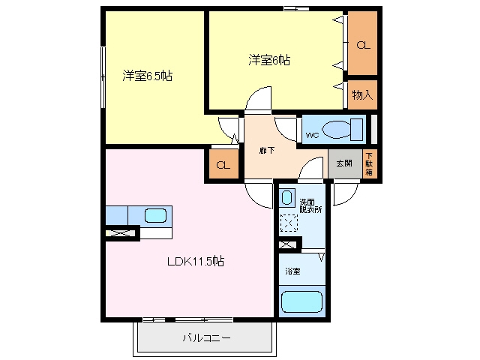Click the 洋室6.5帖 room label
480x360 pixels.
(x=147, y=76)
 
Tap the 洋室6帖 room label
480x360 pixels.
(x=269, y=60)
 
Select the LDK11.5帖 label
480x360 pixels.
(x=196, y=262)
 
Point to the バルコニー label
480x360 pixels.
(x=206, y=338)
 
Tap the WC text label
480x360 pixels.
(x=312, y=135)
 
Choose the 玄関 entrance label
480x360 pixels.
(x=344, y=163)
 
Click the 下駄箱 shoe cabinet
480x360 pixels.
(x=369, y=163)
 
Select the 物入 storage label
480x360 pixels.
(x=362, y=95)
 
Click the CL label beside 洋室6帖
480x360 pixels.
(x=363, y=45)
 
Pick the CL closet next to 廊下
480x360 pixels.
(x=223, y=164)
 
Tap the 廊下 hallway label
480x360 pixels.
(x=267, y=151)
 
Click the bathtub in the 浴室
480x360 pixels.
(x=301, y=301)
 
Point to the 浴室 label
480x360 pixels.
(x=292, y=271)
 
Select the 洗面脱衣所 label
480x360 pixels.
(x=310, y=206)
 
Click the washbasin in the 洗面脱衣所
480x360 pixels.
(x=286, y=198)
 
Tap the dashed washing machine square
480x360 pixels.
(x=289, y=223)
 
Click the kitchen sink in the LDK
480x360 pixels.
(x=156, y=216)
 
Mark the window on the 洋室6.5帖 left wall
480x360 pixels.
(x=103, y=77)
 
